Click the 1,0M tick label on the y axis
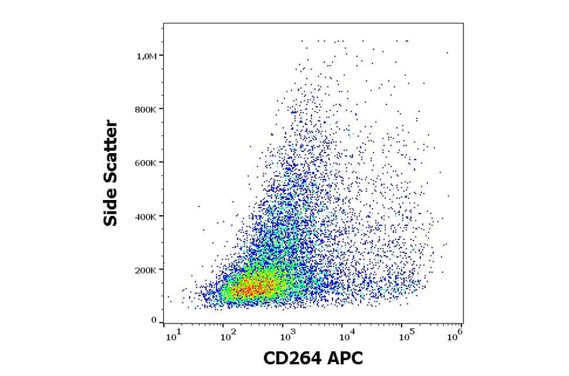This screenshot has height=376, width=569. click(146, 56)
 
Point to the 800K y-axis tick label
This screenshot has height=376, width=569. click(146, 109)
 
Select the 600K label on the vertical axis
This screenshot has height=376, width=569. click(146, 163)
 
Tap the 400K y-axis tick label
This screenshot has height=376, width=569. click(146, 216)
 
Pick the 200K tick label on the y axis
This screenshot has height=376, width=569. click(146, 270)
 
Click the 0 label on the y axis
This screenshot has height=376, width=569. click(154, 320)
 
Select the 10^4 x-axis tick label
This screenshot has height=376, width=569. click(345, 334)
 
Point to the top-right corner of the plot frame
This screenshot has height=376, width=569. click(463, 24)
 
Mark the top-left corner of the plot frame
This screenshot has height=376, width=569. click(163, 24)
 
